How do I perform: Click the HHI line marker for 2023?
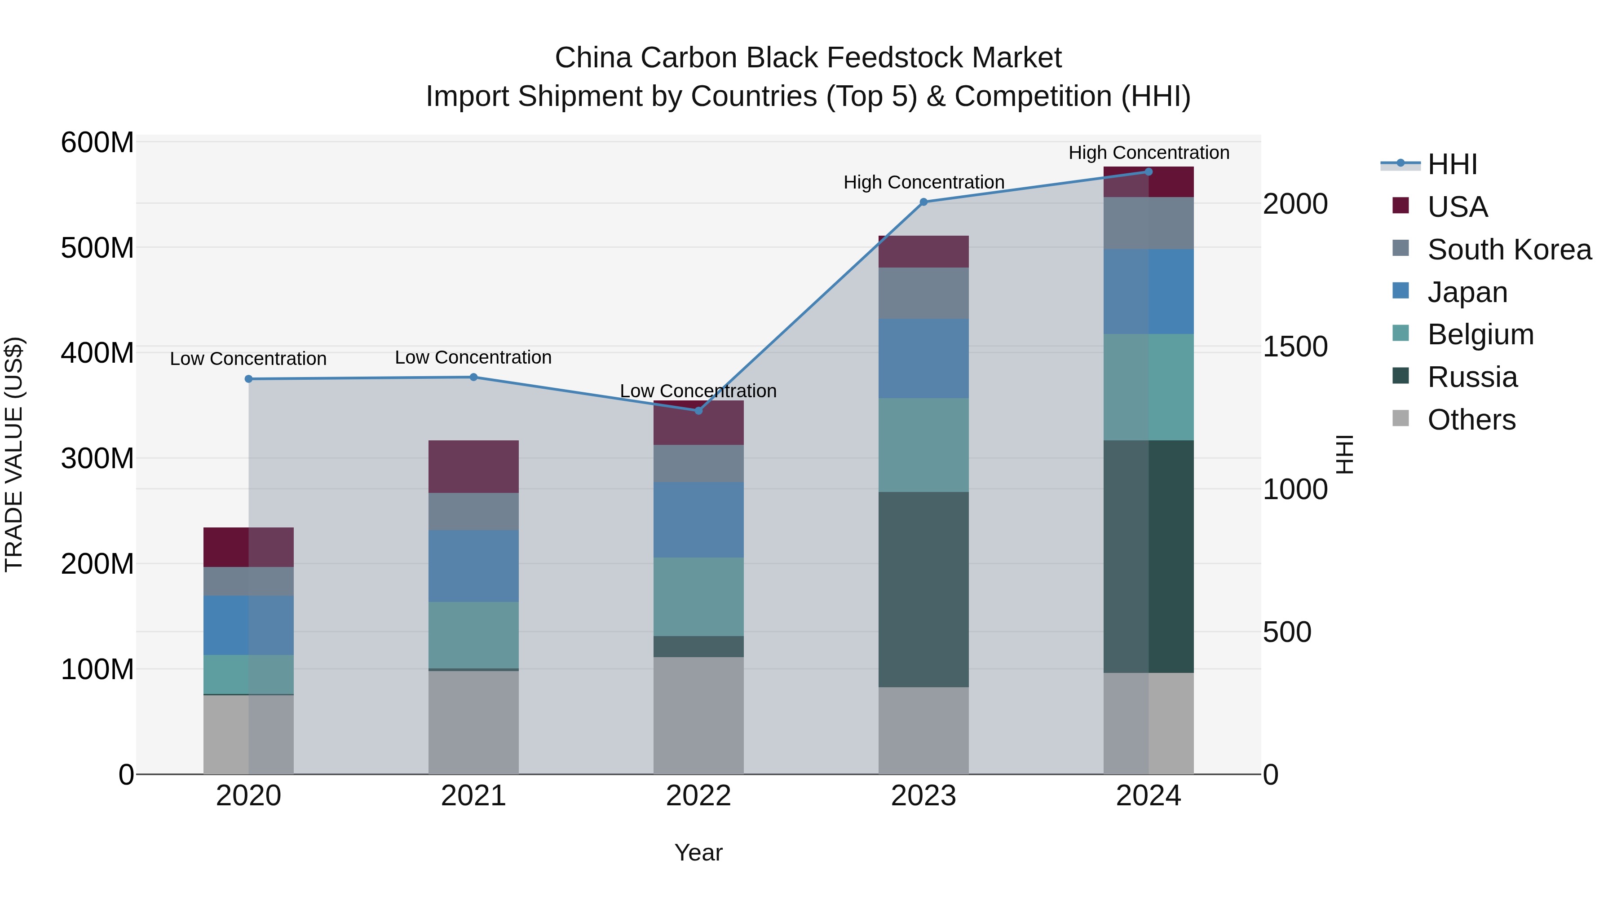923,202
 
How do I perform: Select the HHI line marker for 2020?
248,379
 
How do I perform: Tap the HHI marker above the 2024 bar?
1149,172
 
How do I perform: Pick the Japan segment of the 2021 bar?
473,566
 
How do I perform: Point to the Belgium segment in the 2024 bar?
1149,387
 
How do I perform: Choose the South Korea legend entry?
1509,250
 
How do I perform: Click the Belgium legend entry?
1480,334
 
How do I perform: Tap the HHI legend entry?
1451,164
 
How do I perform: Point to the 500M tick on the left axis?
97,248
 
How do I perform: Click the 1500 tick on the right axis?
1295,347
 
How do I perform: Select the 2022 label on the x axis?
698,796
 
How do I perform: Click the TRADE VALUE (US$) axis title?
14,454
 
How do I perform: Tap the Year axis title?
698,852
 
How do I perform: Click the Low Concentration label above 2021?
473,358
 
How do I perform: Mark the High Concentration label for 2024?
1149,153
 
